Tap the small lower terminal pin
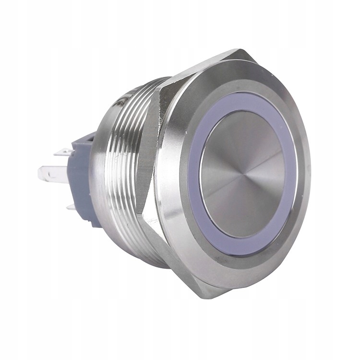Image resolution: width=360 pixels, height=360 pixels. click(71, 207)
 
